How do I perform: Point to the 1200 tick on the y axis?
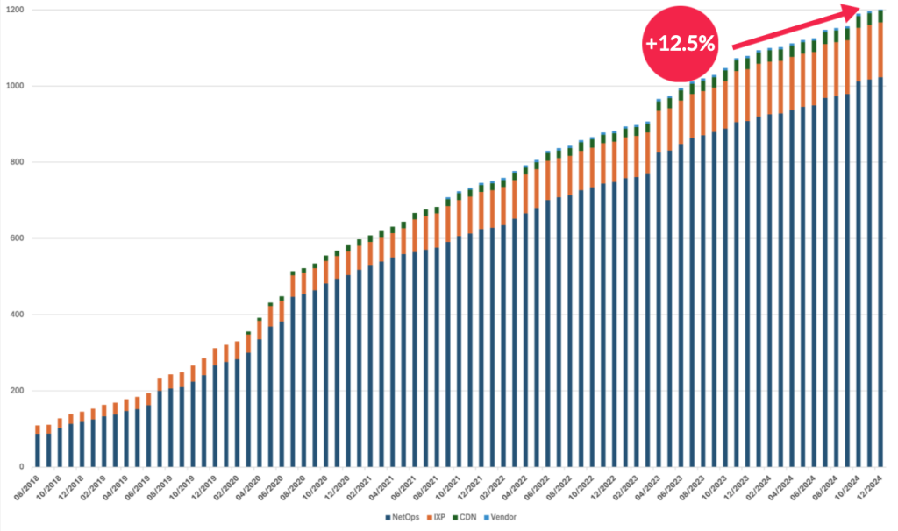pyautogui.click(x=15, y=11)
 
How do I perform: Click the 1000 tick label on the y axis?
pyautogui.click(x=15, y=86)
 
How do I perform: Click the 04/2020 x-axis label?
pyautogui.click(x=251, y=487)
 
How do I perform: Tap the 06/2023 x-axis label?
pyautogui.click(x=672, y=487)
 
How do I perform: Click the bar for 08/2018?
pyautogui.click(x=38, y=447)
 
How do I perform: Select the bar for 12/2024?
pyautogui.click(x=880, y=263)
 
